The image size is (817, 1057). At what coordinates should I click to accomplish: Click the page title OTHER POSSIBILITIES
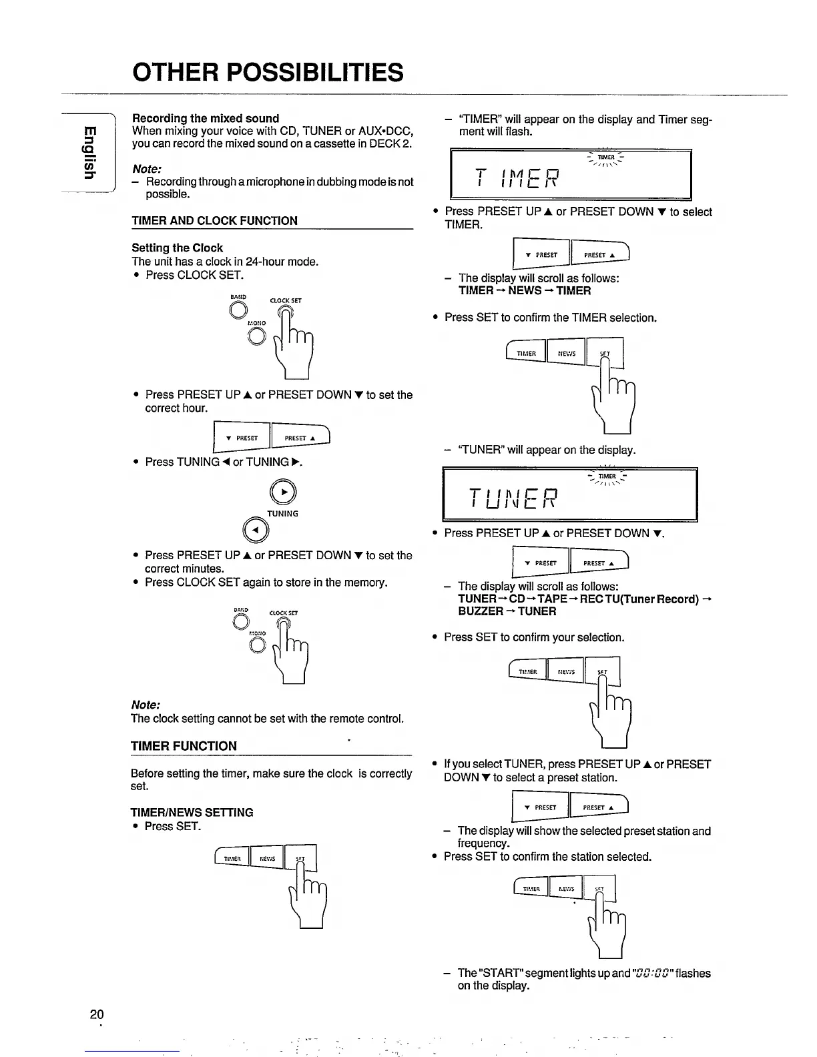(x=268, y=72)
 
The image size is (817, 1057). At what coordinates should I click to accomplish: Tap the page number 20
(x=97, y=1015)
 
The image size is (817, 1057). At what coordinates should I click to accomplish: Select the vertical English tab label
(x=86, y=151)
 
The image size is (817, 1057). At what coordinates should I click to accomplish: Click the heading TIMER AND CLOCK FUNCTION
(x=214, y=221)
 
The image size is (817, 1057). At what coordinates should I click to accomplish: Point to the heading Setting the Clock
(x=177, y=248)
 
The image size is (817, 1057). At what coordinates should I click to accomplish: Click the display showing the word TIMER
(x=571, y=175)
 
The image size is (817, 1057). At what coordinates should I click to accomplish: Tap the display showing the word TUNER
(x=569, y=494)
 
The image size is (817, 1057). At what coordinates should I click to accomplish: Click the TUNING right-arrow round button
(x=282, y=492)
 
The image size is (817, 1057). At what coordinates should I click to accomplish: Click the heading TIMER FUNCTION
(x=184, y=746)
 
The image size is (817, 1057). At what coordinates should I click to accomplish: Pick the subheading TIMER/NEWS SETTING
(x=192, y=812)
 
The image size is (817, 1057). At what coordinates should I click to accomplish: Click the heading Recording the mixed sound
(x=206, y=118)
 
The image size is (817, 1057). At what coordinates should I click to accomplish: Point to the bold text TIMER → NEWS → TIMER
(x=525, y=291)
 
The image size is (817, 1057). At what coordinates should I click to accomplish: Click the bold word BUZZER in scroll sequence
(x=481, y=611)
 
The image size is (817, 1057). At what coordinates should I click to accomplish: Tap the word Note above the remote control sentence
(x=146, y=705)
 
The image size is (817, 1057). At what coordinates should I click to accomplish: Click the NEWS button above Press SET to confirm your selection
(x=565, y=672)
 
